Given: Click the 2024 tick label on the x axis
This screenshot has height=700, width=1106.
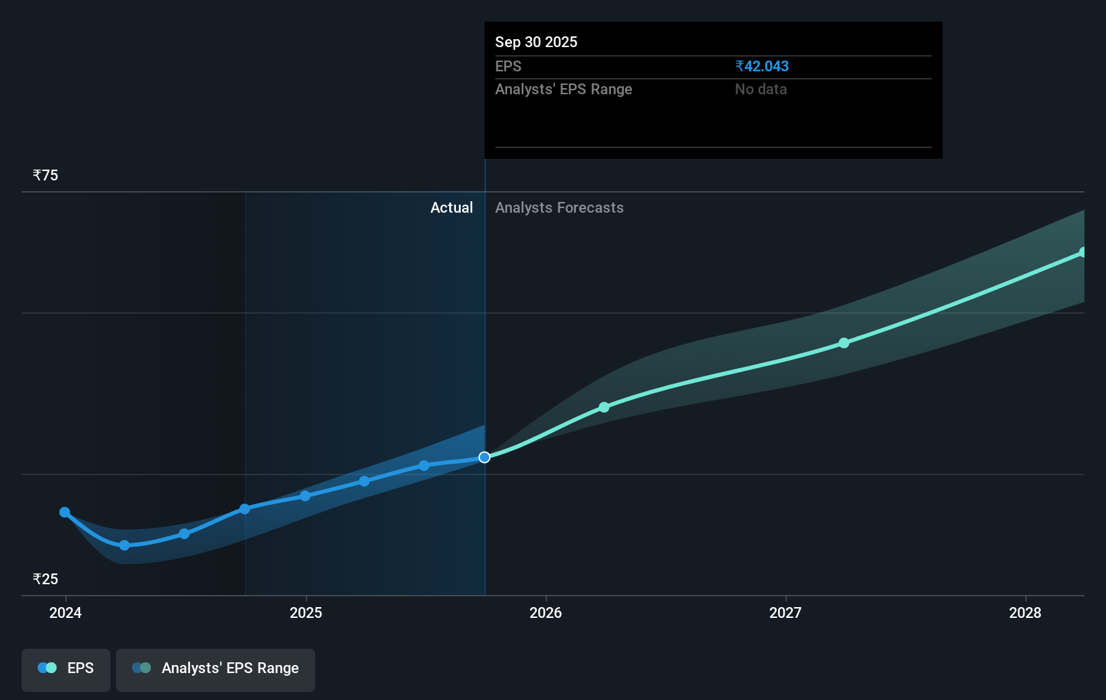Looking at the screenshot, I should (x=65, y=612).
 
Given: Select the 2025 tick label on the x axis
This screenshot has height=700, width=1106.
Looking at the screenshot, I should (x=306, y=612).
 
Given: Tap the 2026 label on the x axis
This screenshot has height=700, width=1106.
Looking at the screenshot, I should (x=546, y=612).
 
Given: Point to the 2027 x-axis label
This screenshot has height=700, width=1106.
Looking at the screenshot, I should (x=785, y=612).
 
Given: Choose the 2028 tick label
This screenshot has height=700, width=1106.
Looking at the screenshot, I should (x=1025, y=612).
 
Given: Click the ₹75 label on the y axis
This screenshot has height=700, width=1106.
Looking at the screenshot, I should (x=46, y=176).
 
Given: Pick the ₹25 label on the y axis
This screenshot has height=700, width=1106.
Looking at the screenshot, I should (x=46, y=580).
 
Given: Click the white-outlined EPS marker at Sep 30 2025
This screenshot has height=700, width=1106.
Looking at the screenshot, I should (x=484, y=458).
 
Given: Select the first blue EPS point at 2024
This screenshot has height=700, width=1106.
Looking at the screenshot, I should (x=65, y=512).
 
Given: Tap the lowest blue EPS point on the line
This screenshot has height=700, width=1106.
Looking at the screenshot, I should (x=125, y=545).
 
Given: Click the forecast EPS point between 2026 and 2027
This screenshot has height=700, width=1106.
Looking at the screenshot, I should (x=604, y=407).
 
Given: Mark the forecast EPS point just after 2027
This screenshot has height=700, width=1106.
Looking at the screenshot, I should (x=844, y=343).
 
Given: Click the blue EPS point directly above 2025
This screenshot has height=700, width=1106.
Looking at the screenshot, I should (x=305, y=496).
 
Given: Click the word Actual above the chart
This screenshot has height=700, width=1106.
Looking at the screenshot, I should (x=451, y=208).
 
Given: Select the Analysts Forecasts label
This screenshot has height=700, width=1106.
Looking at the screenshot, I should (x=559, y=208).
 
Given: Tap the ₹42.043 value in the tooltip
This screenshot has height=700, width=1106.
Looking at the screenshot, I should (x=762, y=67).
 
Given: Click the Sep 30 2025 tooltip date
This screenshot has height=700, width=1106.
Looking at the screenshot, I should (x=536, y=42).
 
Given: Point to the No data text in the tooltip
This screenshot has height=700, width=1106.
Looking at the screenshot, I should (x=760, y=90).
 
